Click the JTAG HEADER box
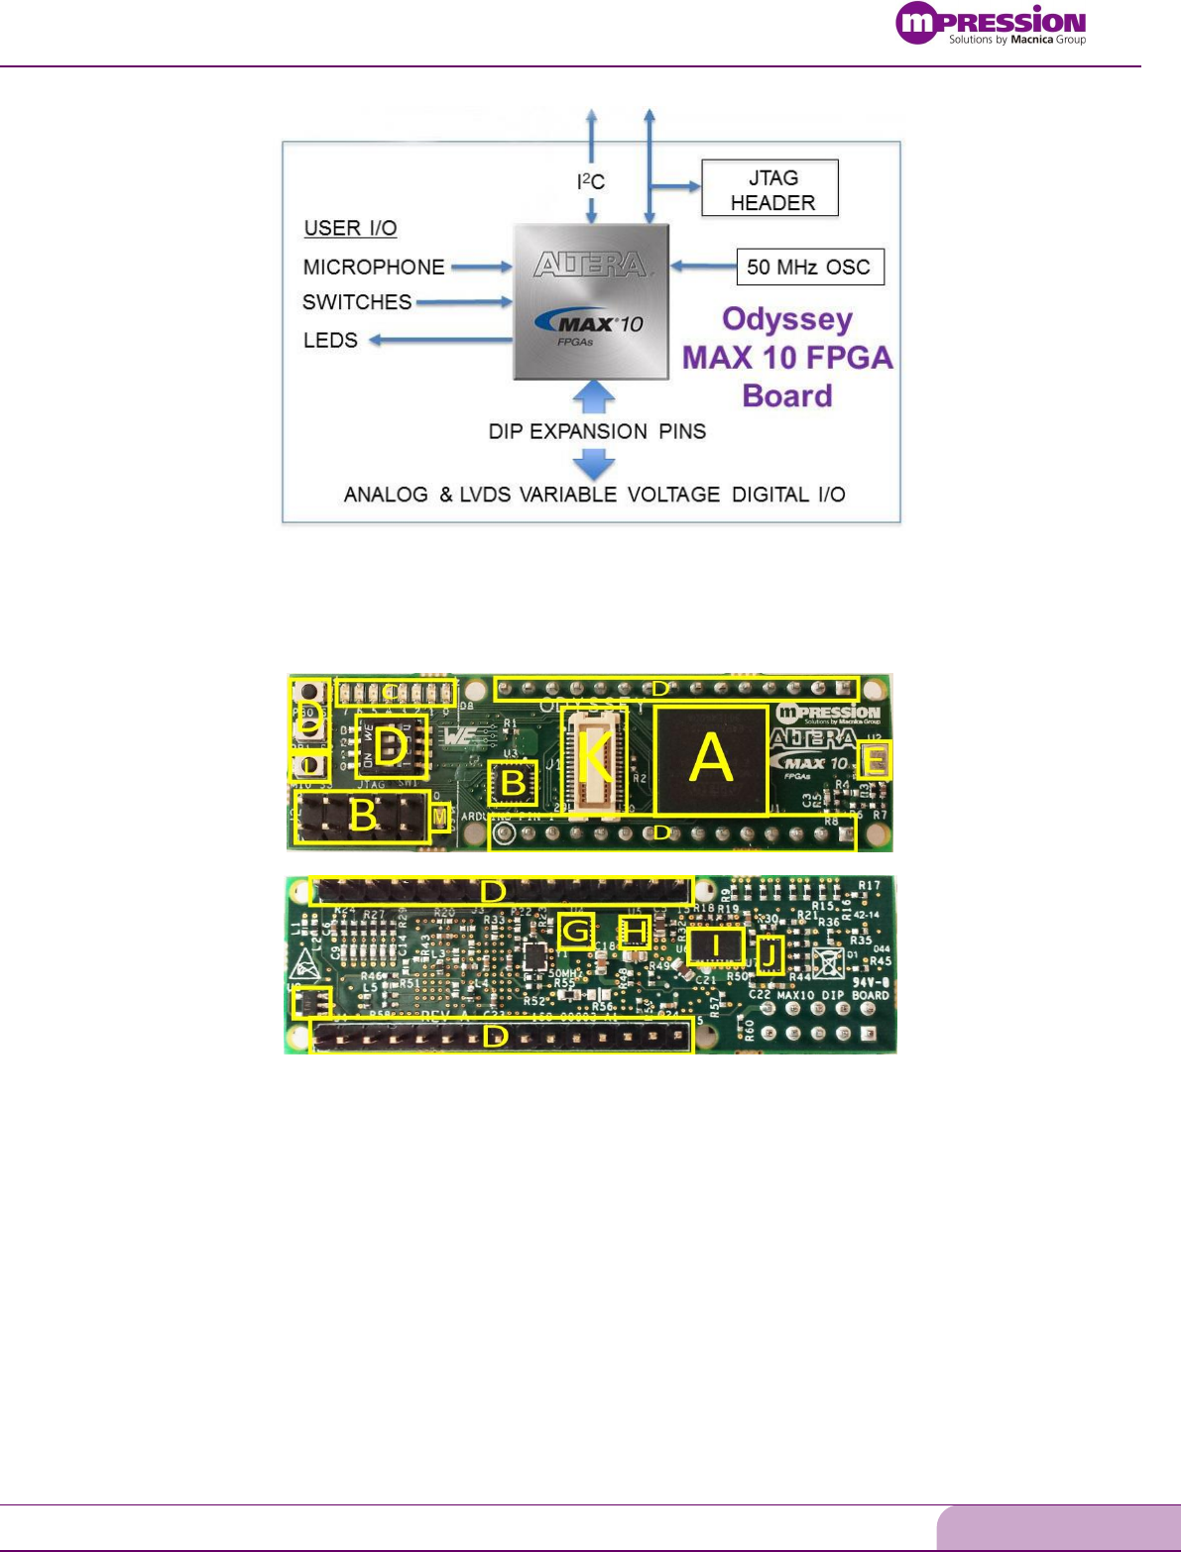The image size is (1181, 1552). pyautogui.click(x=769, y=188)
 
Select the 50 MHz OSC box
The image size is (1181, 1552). pyautogui.click(x=809, y=267)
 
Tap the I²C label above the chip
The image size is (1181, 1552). pyautogui.click(x=591, y=181)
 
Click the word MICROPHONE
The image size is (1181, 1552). pyautogui.click(x=374, y=267)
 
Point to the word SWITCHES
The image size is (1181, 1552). pyautogui.click(x=357, y=301)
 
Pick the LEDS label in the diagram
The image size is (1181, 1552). pyautogui.click(x=330, y=340)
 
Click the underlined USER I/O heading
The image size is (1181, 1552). pyautogui.click(x=350, y=228)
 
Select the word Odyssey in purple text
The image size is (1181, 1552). pyautogui.click(x=787, y=319)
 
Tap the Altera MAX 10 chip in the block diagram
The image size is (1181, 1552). pyautogui.click(x=591, y=301)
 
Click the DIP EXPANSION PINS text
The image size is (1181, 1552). pyautogui.click(x=597, y=431)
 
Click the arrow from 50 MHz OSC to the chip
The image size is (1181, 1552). pyautogui.click(x=702, y=266)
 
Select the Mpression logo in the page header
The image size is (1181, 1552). pyautogui.click(x=991, y=25)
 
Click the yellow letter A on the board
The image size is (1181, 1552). pyautogui.click(x=711, y=759)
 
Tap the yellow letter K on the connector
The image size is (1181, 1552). pyautogui.click(x=594, y=758)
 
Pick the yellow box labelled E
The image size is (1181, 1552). pyautogui.click(x=876, y=760)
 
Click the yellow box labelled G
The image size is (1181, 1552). pyautogui.click(x=576, y=930)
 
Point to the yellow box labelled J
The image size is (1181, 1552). pyautogui.click(x=769, y=954)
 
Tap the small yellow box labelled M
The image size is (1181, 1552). pyautogui.click(x=440, y=815)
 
